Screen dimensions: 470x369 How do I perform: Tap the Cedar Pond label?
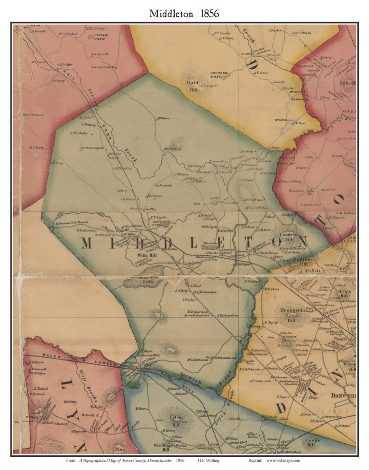[101, 37]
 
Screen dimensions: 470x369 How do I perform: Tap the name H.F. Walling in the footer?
[208, 460]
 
